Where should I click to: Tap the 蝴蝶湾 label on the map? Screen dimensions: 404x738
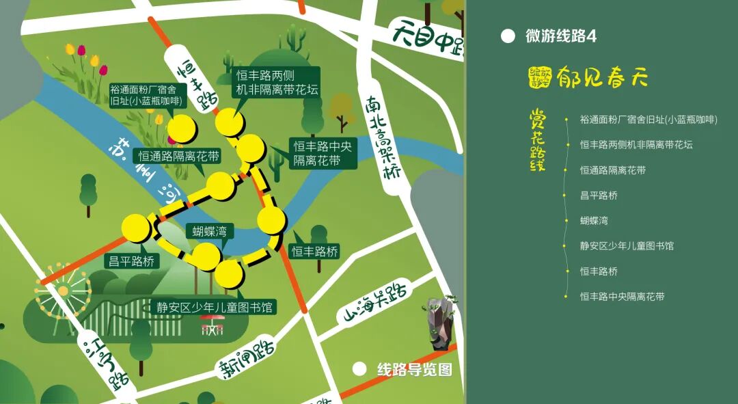pyautogui.click(x=209, y=232)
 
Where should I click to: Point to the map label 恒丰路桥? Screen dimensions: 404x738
pyautogui.click(x=315, y=252)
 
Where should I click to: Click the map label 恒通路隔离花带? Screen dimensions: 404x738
pyautogui.click(x=179, y=157)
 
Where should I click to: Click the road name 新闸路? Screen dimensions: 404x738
pyautogui.click(x=247, y=358)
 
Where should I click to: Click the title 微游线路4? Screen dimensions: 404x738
pyautogui.click(x=561, y=36)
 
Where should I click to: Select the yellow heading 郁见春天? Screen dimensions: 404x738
pyautogui.click(x=601, y=77)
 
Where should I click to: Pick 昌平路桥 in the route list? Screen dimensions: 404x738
pyautogui.click(x=599, y=195)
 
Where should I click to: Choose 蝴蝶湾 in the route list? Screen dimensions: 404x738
pyautogui.click(x=594, y=220)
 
